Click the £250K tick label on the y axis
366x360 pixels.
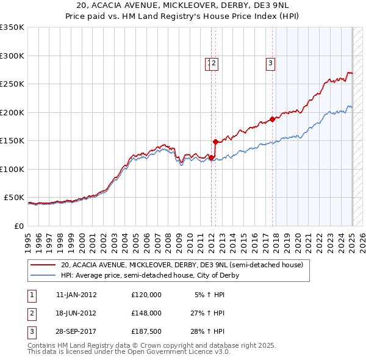point(12,84)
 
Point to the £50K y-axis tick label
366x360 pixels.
point(14,198)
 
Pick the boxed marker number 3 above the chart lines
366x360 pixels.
point(270,62)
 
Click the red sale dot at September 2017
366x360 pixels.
point(273,120)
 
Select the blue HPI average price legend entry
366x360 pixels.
point(149,275)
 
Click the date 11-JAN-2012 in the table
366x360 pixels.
point(76,295)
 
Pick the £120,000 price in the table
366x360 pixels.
point(146,295)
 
